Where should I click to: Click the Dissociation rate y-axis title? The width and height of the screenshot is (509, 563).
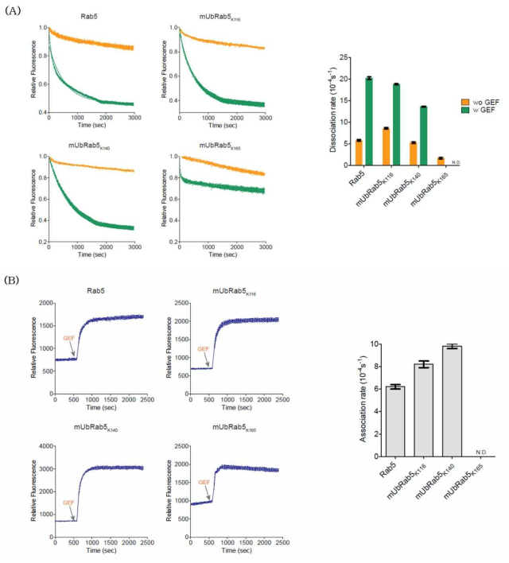pos(328,111)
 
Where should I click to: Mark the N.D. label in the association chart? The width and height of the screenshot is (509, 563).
pos(481,452)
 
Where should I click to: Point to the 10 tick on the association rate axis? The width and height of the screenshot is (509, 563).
pos(350,344)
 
